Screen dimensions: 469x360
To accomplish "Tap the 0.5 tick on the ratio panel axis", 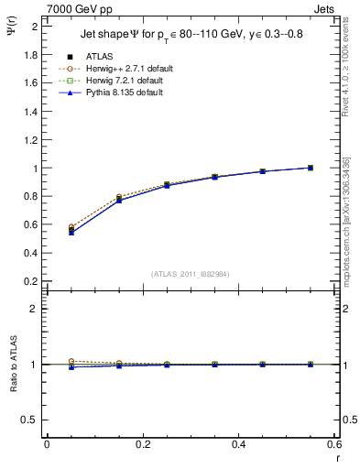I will (x=31, y=420).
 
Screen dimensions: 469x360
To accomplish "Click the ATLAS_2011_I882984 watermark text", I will (x=191, y=273).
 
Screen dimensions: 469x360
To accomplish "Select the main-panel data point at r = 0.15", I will (x=118, y=199).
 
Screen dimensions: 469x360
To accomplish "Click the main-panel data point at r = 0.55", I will (x=311, y=168).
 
